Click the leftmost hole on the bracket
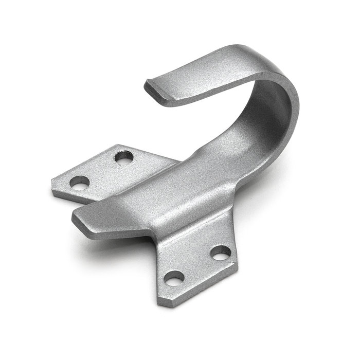tap(80, 182)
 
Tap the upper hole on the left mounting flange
tap(123, 157)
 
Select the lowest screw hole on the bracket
tap(174, 278)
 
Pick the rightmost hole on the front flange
tap(221, 253)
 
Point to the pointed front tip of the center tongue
tap(75, 214)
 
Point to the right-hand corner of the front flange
tap(238, 265)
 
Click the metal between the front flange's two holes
tap(198, 265)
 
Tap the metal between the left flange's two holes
tap(102, 170)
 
